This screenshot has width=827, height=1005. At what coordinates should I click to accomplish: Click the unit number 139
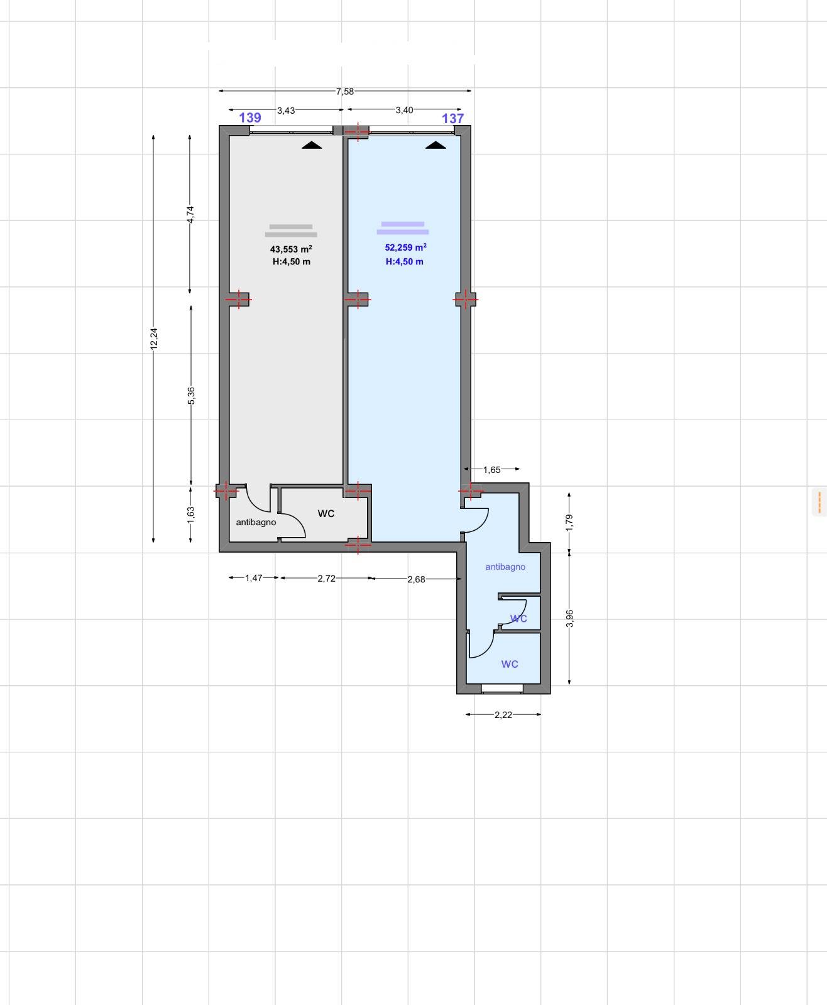(x=249, y=117)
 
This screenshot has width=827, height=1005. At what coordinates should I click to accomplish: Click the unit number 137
(x=452, y=118)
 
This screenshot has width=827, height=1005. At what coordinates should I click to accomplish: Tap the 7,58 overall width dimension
(x=345, y=91)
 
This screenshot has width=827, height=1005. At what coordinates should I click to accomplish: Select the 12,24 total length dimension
(x=153, y=339)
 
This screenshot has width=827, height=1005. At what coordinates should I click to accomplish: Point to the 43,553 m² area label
(x=291, y=249)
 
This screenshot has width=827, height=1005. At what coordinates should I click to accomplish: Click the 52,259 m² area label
(x=405, y=247)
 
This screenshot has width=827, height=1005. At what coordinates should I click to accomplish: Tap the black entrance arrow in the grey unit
(x=312, y=145)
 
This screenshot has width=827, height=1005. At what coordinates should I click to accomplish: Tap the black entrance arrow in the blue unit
(x=435, y=145)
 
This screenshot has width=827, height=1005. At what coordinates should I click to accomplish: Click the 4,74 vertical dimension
(x=190, y=214)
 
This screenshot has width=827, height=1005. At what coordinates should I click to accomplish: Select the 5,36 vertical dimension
(x=191, y=396)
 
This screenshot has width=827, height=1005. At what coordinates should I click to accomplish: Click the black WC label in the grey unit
(x=326, y=513)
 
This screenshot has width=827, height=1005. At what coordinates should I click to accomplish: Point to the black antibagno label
(x=256, y=522)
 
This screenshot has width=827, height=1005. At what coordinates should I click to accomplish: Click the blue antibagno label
(x=505, y=567)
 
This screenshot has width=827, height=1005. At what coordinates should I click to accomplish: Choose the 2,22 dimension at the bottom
(x=503, y=714)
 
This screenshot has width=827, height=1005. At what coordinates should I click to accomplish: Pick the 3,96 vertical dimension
(x=569, y=618)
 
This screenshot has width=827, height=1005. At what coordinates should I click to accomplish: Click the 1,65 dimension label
(x=492, y=470)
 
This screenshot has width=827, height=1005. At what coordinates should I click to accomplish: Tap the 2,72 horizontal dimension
(x=327, y=579)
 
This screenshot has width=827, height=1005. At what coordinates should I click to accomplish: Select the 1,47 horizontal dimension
(x=254, y=578)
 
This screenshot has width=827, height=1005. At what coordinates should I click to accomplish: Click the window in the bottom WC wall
(x=502, y=689)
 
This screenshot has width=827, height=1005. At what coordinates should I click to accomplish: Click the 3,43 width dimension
(x=286, y=111)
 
